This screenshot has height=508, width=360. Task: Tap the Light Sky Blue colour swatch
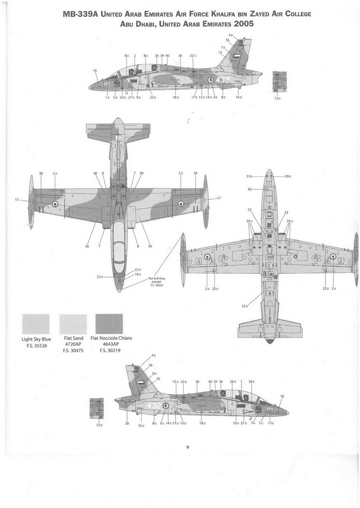36,324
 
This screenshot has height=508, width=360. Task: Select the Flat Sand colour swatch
73,324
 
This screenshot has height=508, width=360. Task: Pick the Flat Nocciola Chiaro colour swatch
109,324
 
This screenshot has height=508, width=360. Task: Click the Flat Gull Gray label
157,278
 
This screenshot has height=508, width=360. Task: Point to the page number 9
188,447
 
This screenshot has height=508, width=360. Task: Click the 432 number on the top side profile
222,80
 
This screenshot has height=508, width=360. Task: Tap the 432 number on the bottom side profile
154,406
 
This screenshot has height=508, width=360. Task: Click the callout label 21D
249,176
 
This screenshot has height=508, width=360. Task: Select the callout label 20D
288,176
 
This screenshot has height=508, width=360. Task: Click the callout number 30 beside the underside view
249,189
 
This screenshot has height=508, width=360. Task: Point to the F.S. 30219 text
111,351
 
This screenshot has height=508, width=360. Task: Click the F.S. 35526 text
36,346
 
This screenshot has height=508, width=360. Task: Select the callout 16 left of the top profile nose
95,70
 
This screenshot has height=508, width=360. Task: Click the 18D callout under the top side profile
176,97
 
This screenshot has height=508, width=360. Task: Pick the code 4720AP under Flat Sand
74,344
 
